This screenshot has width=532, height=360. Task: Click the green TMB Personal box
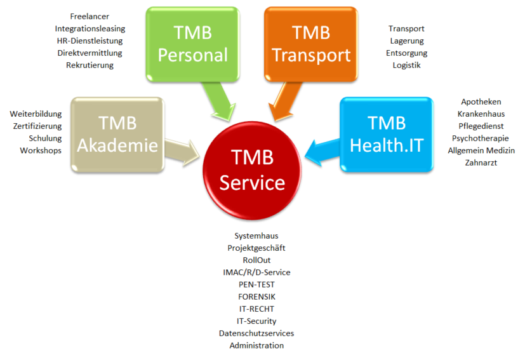click(x=193, y=44)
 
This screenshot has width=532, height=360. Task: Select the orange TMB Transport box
click(x=311, y=44)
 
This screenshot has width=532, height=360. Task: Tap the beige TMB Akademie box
click(x=117, y=135)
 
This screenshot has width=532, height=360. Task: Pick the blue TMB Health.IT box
click(x=387, y=135)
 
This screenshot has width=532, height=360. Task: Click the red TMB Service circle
click(x=252, y=170)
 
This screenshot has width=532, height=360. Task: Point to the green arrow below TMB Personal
click(x=220, y=101)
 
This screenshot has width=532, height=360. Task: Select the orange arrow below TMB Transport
click(x=284, y=101)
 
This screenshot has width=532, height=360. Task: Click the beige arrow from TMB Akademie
click(x=182, y=152)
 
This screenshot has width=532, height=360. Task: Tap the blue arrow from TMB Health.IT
click(x=323, y=152)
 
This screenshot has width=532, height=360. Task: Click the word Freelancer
click(x=90, y=17)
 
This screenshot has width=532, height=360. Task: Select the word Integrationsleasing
click(x=90, y=29)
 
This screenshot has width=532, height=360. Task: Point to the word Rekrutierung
click(x=90, y=65)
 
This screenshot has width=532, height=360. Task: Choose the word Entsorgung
click(x=406, y=53)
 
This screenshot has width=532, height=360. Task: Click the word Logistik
click(x=406, y=65)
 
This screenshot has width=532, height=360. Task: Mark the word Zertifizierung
click(x=37, y=126)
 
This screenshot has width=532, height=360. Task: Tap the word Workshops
click(x=41, y=150)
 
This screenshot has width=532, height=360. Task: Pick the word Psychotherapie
click(x=481, y=138)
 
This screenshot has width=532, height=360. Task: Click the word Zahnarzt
click(x=481, y=163)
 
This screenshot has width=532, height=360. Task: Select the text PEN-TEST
click(x=256, y=284)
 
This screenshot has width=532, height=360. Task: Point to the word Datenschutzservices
click(x=256, y=333)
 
